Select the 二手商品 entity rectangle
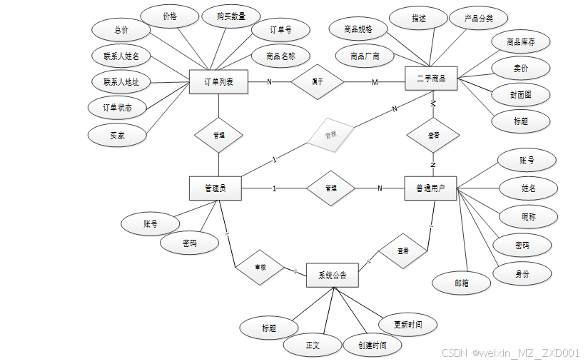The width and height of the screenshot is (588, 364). pos(430,79)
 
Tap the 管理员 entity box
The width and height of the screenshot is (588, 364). pos(216,188)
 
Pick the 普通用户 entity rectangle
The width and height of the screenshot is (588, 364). pos(430,188)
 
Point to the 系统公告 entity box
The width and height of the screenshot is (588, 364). pos(332,275)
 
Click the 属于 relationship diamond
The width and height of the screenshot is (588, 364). pos(318,82)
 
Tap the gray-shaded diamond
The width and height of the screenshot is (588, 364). pos(330,134)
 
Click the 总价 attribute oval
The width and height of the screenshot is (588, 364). pos(121,30)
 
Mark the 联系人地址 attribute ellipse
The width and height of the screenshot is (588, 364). pos(121,82)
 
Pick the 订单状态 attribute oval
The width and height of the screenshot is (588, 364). pos(117,108)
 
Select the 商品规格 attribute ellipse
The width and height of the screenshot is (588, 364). pos(359,29)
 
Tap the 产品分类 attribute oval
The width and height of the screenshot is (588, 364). pos(478,19)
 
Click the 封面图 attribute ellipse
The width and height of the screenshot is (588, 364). pos(521,94)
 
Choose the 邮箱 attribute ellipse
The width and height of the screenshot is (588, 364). pos(462,282)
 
